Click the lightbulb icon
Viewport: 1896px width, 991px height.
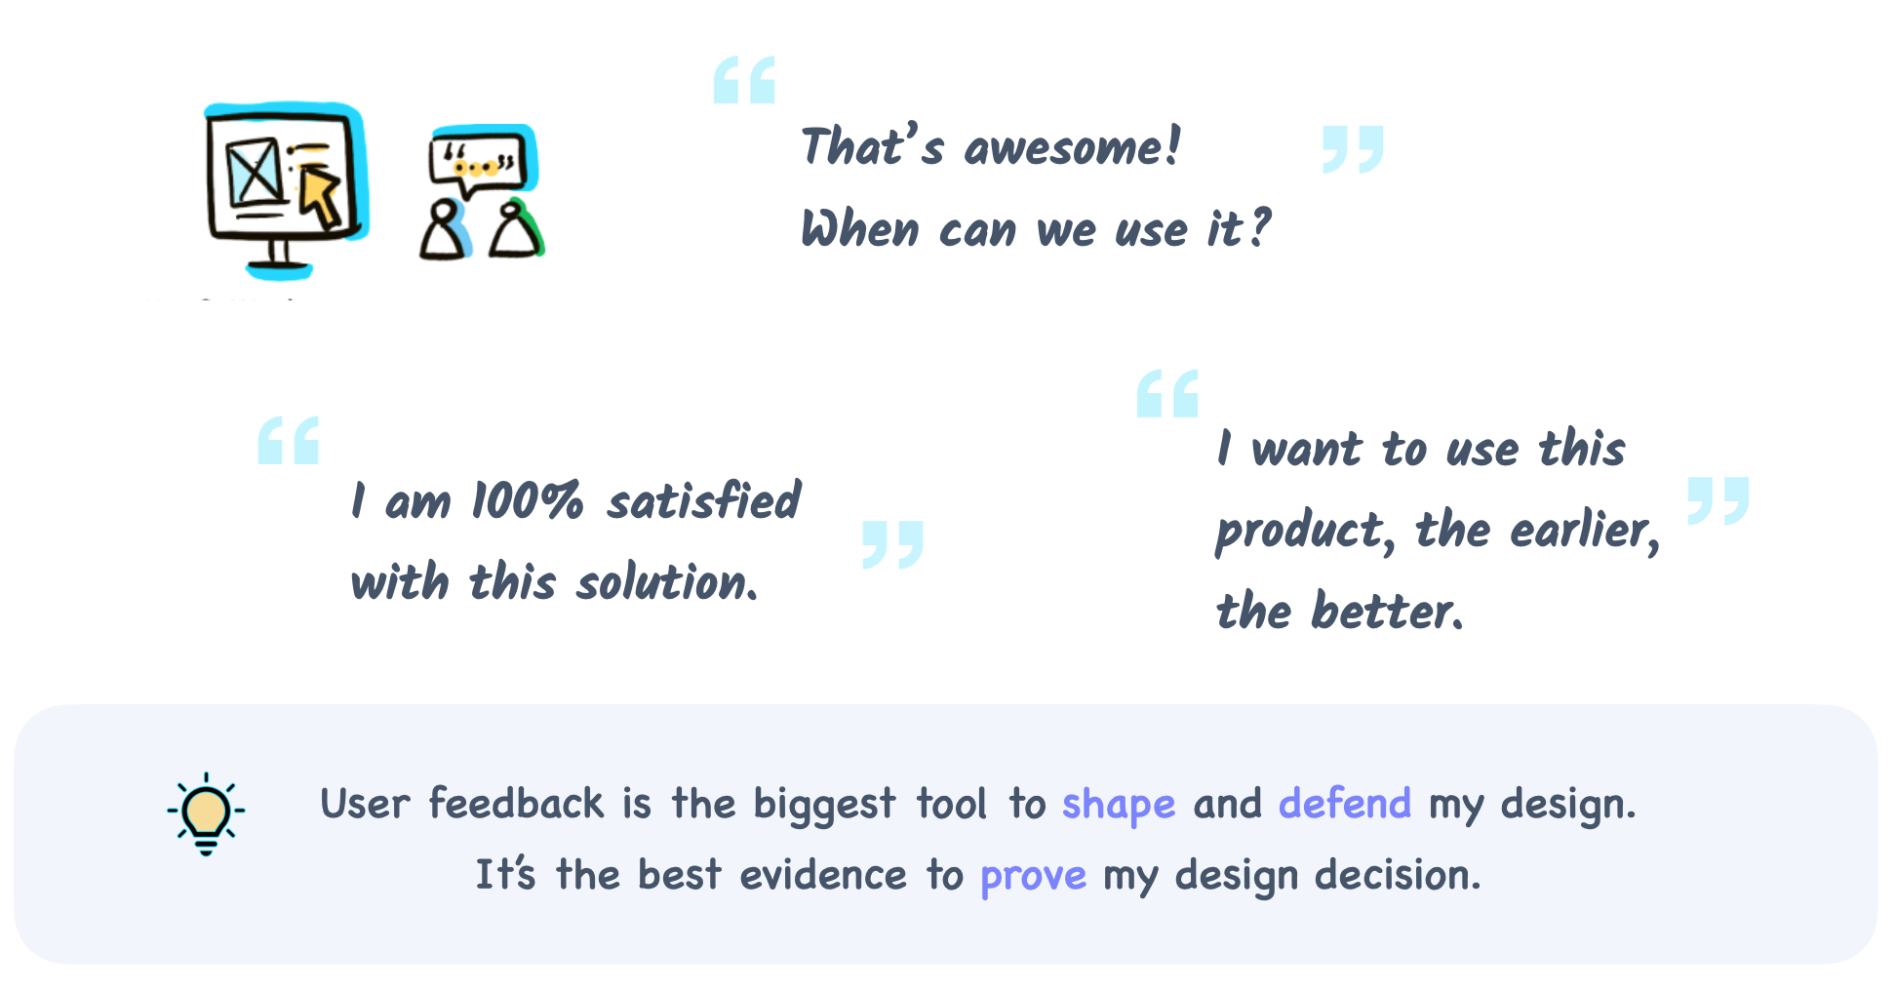[206, 813]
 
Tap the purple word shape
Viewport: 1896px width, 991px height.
[1119, 806]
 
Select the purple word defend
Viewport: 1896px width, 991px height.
[1345, 803]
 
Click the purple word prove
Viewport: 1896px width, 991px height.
[1033, 877]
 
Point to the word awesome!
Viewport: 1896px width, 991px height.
[1072, 147]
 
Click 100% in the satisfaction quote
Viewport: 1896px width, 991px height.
[528, 501]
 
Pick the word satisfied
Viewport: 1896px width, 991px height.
[704, 500]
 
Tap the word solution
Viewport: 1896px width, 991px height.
[667, 582]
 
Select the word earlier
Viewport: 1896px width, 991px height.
[1585, 531]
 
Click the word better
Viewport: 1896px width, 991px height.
[1387, 612]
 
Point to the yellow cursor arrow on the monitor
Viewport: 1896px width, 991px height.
[320, 194]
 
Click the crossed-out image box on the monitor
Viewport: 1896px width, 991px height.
[256, 173]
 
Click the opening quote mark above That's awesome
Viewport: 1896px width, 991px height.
[744, 80]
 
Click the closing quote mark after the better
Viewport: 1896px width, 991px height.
[1718, 501]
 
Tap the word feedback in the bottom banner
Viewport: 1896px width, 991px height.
[517, 803]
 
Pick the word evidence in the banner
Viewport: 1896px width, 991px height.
[823, 874]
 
